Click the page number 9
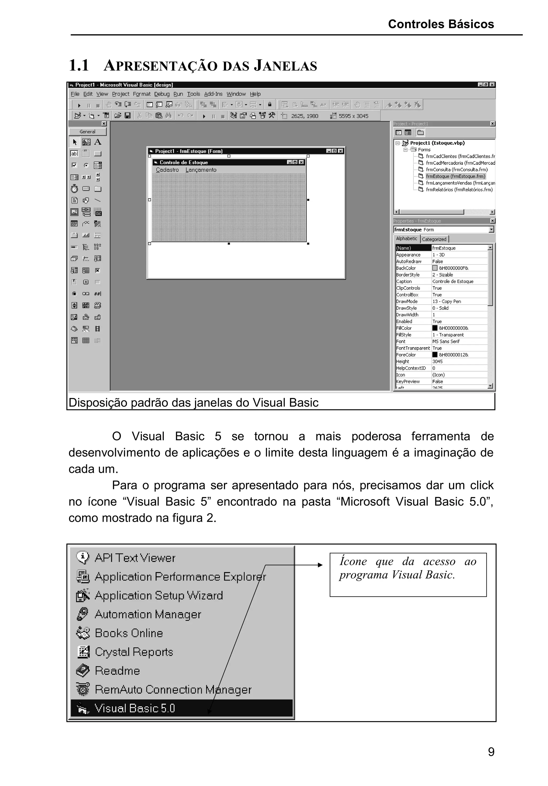click(491, 752)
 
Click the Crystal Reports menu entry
click(134, 652)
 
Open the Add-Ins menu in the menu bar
click(213, 94)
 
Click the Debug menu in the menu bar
click(162, 94)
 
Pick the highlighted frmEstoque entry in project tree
click(455, 176)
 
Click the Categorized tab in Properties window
click(434, 239)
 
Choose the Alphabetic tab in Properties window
click(406, 239)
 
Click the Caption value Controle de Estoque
click(453, 281)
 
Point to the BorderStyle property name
click(408, 274)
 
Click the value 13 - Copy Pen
click(447, 301)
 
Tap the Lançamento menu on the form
click(201, 170)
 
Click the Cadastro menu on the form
click(167, 170)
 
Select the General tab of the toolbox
click(87, 131)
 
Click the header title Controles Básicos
click(441, 24)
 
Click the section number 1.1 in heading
click(79, 65)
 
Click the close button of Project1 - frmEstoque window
click(340, 151)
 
